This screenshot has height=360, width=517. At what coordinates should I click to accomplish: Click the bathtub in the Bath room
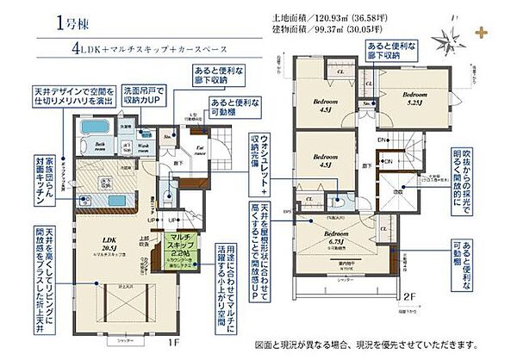[x=90, y=130]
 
